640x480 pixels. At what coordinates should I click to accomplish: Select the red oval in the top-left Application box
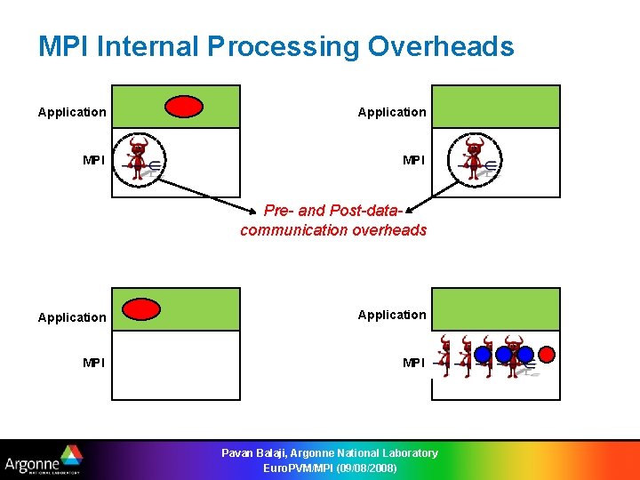pyautogui.click(x=184, y=107)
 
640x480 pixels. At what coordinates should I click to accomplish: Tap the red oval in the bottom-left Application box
pyautogui.click(x=140, y=308)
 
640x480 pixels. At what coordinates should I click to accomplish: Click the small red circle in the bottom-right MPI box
pyautogui.click(x=547, y=354)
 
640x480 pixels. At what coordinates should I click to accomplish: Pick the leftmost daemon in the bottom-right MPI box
pyautogui.click(x=446, y=356)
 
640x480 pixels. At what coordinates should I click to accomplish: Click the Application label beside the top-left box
pyautogui.click(x=72, y=112)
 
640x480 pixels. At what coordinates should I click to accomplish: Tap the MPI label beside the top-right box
pyautogui.click(x=413, y=160)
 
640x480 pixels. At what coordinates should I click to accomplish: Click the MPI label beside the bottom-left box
pyautogui.click(x=93, y=363)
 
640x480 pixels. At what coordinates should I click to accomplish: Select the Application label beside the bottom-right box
pyautogui.click(x=392, y=315)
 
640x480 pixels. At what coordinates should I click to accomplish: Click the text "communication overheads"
pyautogui.click(x=333, y=230)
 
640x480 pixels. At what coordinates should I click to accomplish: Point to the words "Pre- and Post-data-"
pyautogui.click(x=333, y=211)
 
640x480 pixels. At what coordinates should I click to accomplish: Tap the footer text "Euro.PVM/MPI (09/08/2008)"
pyautogui.click(x=330, y=468)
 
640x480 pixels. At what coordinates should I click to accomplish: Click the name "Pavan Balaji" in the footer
pyautogui.click(x=252, y=453)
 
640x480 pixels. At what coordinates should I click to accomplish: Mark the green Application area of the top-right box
pyautogui.click(x=496, y=107)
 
